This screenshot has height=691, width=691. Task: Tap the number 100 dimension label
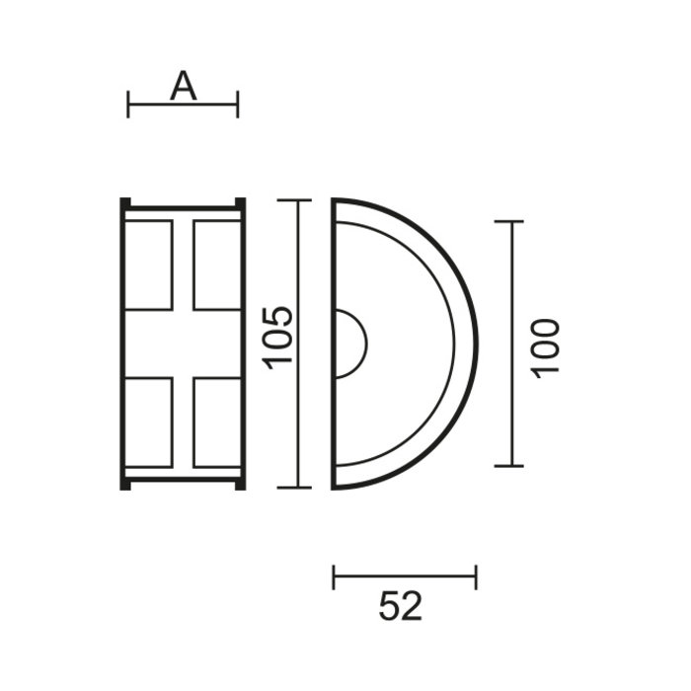pyautogui.click(x=545, y=345)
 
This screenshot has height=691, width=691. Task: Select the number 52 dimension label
pyautogui.click(x=400, y=605)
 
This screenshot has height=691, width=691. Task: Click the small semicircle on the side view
pyautogui.click(x=350, y=344)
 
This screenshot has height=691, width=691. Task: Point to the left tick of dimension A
pyautogui.click(x=128, y=104)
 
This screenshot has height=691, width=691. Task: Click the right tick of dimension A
pyautogui.click(x=238, y=104)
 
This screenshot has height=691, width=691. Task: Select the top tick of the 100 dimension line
pyautogui.click(x=508, y=222)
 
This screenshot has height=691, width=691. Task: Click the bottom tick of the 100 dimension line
pyautogui.click(x=508, y=465)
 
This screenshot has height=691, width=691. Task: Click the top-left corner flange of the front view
pyautogui.click(x=125, y=204)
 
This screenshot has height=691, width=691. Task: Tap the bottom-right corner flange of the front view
pyautogui.click(x=240, y=483)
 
